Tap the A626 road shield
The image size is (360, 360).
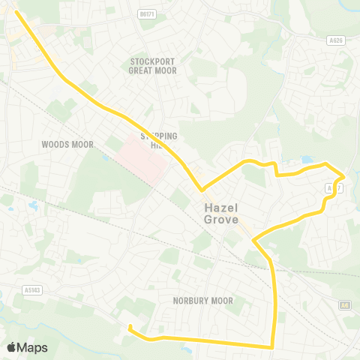click(x=337, y=41)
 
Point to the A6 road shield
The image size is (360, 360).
click(x=345, y=305)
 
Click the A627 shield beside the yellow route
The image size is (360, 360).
click(x=330, y=189)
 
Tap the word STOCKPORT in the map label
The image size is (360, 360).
click(x=152, y=61)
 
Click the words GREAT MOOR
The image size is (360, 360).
click(x=152, y=71)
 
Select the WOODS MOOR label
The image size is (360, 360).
click(x=66, y=143)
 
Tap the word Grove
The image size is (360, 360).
click(x=220, y=220)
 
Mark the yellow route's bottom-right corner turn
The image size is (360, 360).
click(x=272, y=346)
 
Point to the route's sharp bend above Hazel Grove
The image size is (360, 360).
click(x=200, y=189)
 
